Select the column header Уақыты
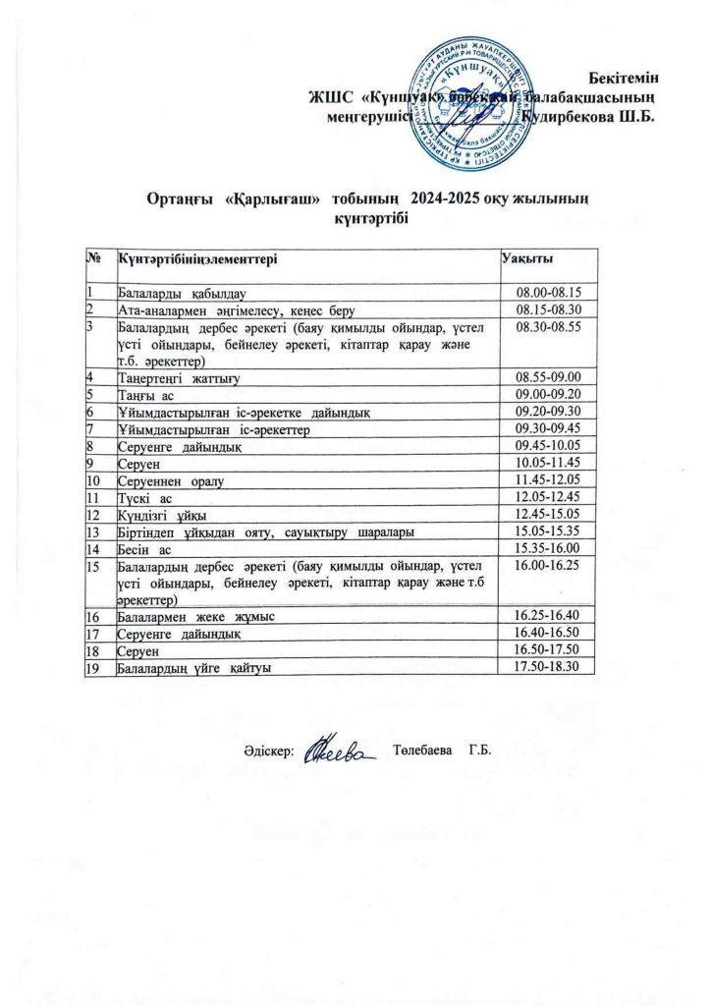(524, 258)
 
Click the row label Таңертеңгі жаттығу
(180, 377)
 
